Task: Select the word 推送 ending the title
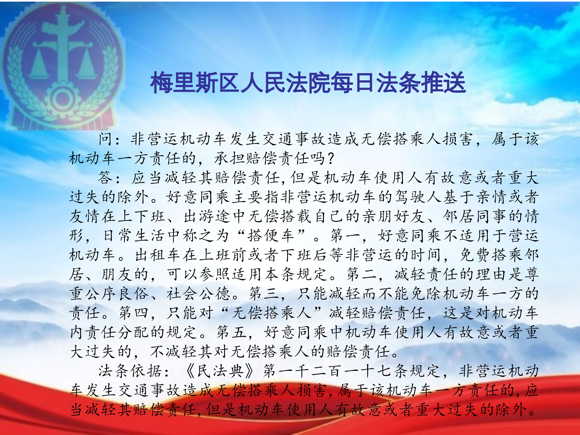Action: [x=443, y=82]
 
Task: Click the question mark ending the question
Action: [x=331, y=158]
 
